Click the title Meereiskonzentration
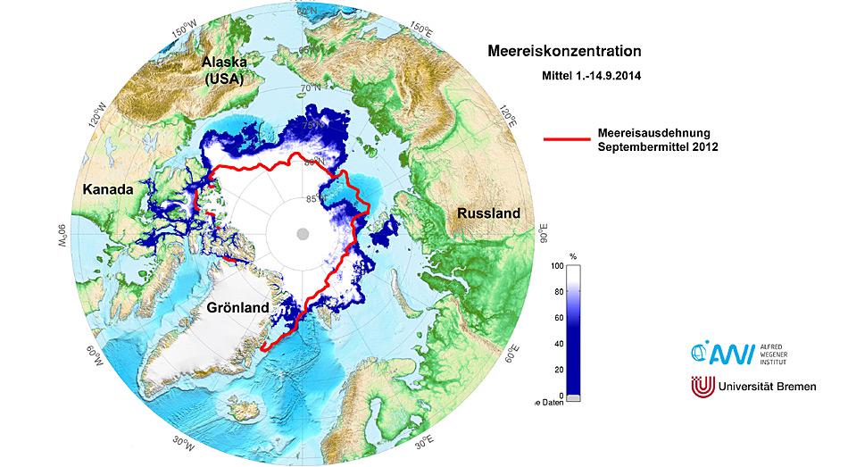pyautogui.click(x=564, y=52)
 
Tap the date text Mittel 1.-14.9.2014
pyautogui.click(x=593, y=77)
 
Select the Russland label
pyautogui.click(x=487, y=214)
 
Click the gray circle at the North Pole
pyautogui.click(x=303, y=233)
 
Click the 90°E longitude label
pyautogui.click(x=543, y=234)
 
